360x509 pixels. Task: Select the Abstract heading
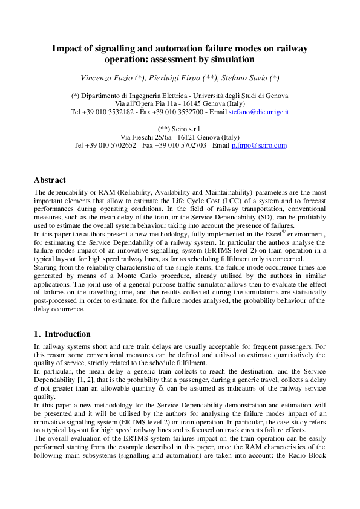(50, 180)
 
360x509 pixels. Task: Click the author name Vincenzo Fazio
(106, 78)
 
